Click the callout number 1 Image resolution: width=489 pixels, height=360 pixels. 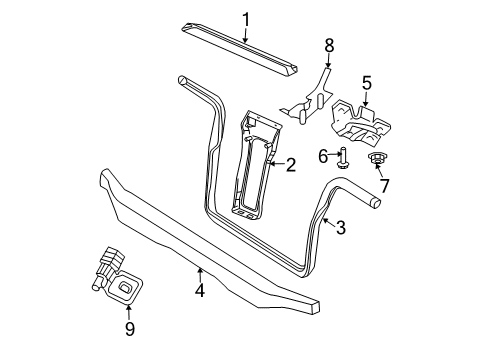click(x=246, y=17)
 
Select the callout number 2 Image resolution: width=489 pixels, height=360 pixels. click(x=292, y=166)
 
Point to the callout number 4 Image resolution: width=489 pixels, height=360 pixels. click(x=200, y=290)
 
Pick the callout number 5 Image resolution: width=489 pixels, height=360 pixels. click(x=366, y=84)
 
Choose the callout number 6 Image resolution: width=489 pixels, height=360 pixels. click(x=324, y=155)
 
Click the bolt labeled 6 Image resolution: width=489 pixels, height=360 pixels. click(x=343, y=156)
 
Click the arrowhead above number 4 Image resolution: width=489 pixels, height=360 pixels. click(x=200, y=269)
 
